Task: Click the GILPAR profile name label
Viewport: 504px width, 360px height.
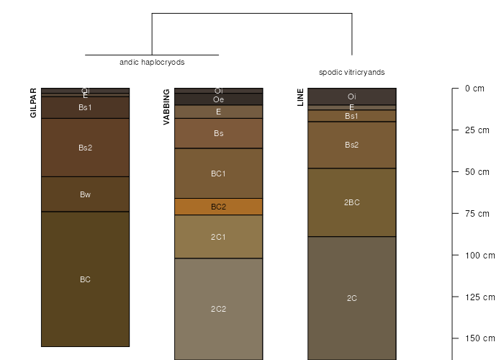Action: click(x=33, y=103)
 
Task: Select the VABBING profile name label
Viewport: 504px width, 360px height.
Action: click(x=166, y=107)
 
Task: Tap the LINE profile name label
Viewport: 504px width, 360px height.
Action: click(x=300, y=97)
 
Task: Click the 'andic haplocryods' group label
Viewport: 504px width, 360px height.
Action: click(x=152, y=63)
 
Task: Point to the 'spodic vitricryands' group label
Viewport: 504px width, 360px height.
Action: click(x=351, y=72)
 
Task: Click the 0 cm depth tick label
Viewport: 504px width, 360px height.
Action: click(x=474, y=89)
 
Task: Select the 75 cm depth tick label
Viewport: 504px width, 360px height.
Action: click(x=477, y=213)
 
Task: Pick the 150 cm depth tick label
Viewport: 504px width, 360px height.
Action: click(x=480, y=338)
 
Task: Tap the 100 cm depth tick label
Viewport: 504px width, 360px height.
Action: click(x=480, y=255)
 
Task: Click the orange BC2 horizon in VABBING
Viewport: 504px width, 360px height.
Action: click(x=219, y=207)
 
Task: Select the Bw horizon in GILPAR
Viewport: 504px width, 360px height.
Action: click(x=85, y=194)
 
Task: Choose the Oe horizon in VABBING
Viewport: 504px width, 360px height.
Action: click(x=219, y=99)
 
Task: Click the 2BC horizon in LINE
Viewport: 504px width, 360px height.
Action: click(x=352, y=202)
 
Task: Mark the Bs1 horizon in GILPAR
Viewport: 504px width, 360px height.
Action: click(x=85, y=108)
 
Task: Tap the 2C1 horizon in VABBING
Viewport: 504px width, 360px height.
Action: click(x=219, y=237)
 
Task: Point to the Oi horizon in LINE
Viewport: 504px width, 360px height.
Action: click(x=352, y=96)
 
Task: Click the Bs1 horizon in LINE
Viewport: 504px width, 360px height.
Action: click(x=352, y=116)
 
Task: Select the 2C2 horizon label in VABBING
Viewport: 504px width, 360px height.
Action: click(x=219, y=309)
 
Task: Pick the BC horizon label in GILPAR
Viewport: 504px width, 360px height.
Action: click(x=85, y=279)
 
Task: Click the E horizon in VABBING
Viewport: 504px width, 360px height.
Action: click(x=219, y=112)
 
